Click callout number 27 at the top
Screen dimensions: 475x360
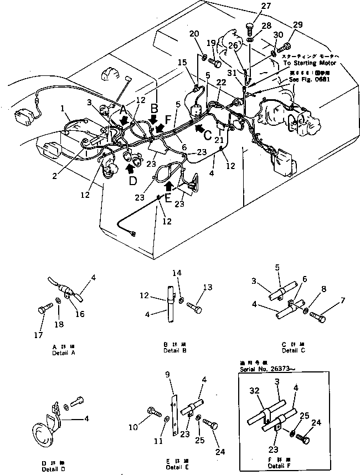tap(251, 7)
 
